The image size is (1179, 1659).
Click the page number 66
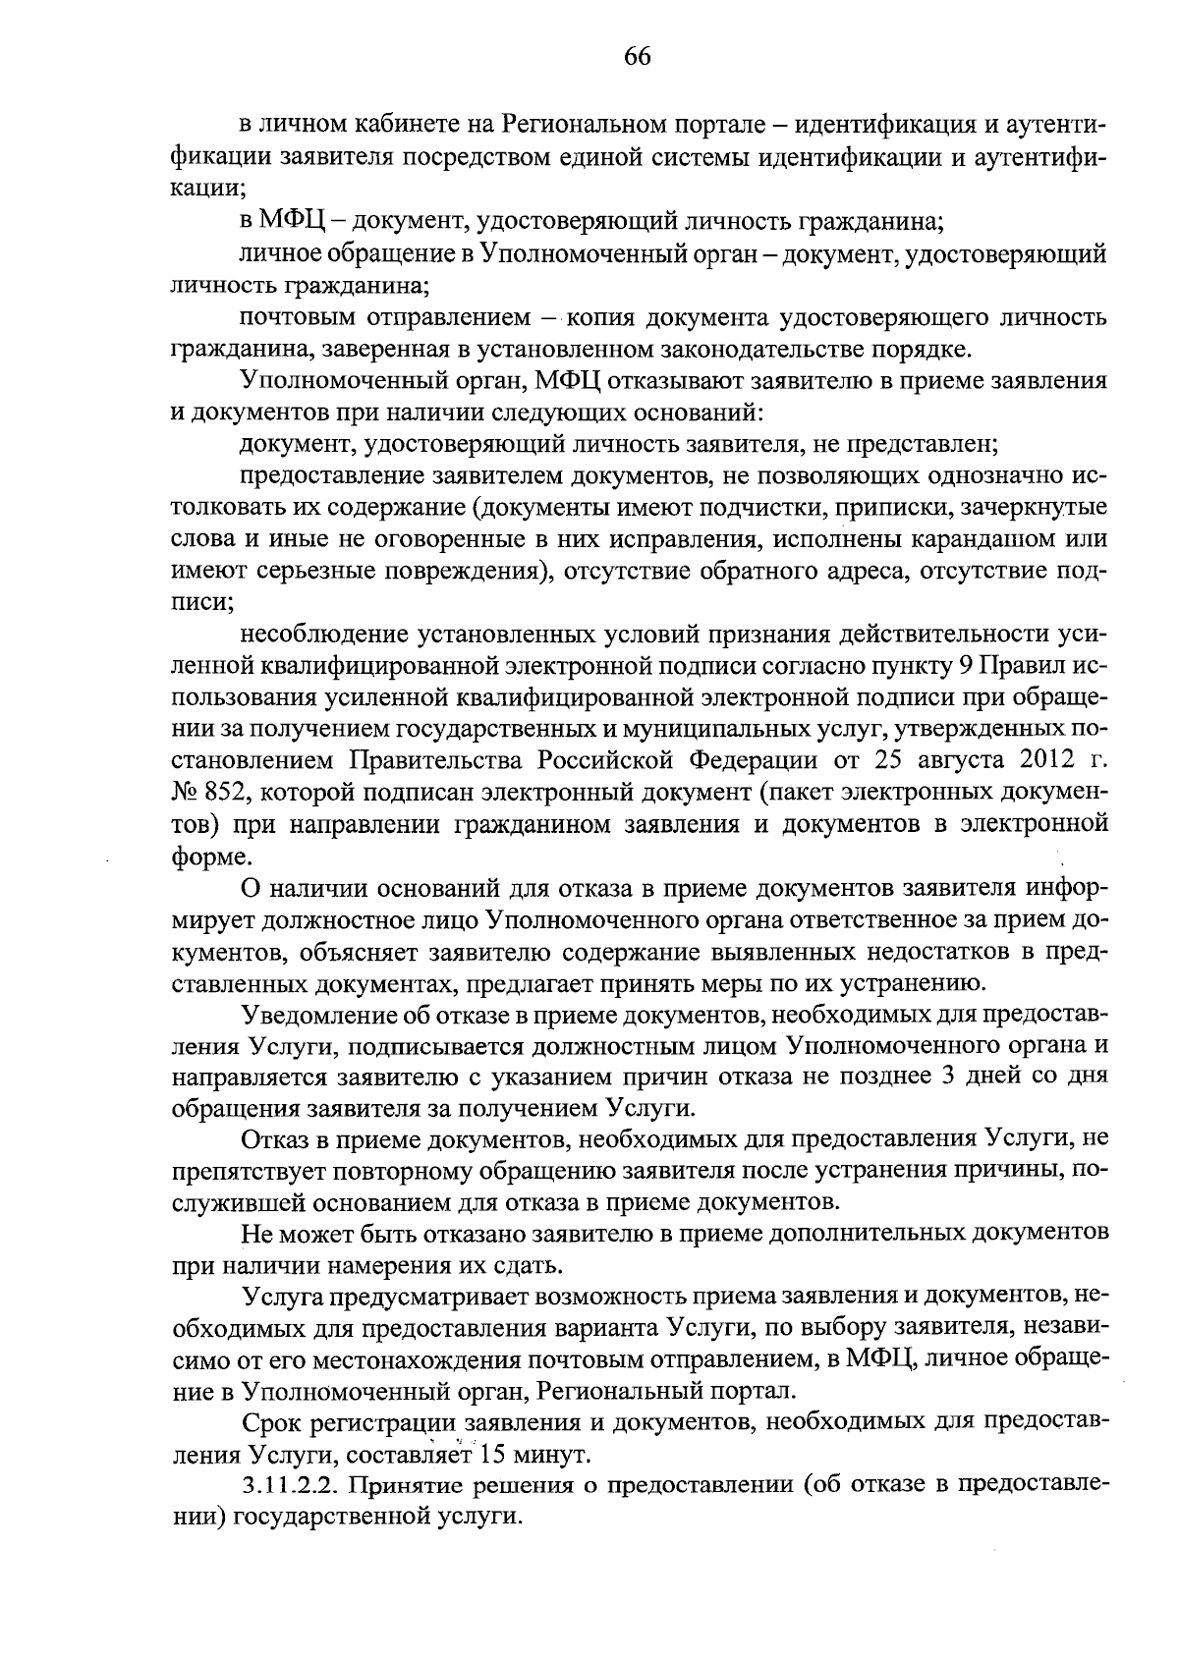[638, 56]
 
